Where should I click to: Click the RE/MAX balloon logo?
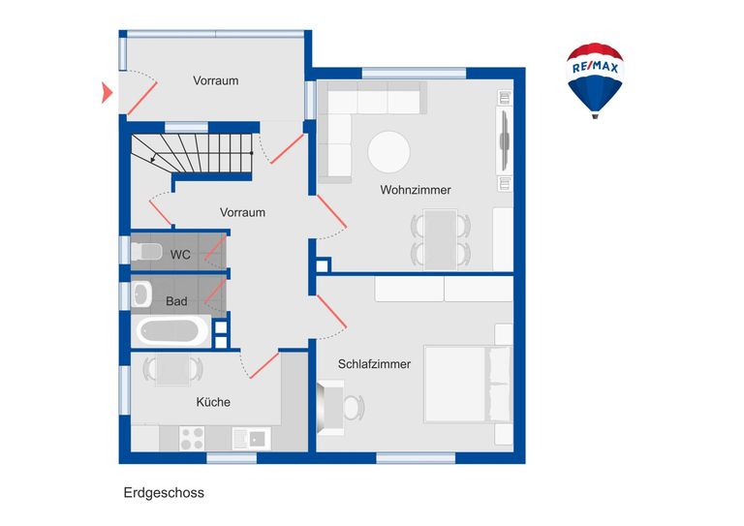point(595,77)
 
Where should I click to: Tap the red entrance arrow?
point(107,93)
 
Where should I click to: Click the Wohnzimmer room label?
point(416,190)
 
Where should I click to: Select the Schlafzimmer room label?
point(374,364)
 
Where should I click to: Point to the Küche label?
point(213,402)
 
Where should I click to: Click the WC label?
point(180,255)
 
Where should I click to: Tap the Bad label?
point(176,301)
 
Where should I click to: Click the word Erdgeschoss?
point(164,492)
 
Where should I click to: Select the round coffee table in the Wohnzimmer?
point(388,152)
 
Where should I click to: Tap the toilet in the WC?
point(146,253)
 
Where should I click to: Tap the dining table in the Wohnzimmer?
point(442,238)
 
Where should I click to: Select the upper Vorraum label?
point(215,80)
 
